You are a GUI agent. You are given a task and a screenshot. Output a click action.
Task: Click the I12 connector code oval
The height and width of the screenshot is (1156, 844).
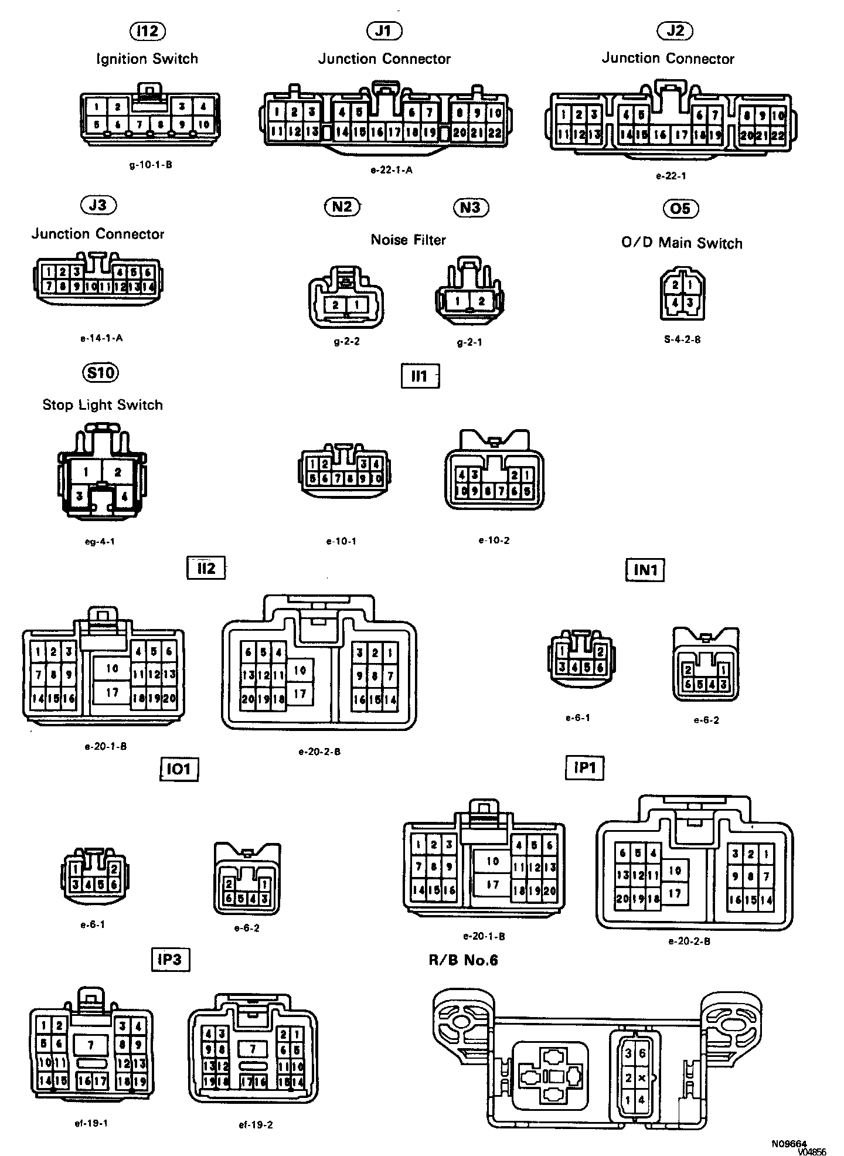147,31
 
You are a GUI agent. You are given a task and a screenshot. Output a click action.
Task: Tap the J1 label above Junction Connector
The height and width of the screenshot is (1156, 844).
383,31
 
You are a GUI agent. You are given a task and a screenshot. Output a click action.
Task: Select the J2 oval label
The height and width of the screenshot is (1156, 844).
675,31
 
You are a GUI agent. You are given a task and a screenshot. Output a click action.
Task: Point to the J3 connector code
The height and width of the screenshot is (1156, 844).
98,205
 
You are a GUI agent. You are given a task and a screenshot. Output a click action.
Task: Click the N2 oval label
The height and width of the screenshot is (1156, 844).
342,206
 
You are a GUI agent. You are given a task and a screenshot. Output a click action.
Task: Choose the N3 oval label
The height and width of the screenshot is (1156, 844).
471,207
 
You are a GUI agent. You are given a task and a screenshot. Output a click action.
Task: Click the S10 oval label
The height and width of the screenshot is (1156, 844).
100,372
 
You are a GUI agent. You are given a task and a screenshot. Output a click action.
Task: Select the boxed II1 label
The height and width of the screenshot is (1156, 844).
420,376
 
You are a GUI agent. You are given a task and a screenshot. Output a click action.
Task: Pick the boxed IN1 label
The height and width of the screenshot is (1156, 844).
645,569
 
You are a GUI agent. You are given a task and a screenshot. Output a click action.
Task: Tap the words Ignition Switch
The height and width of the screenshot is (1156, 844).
147,59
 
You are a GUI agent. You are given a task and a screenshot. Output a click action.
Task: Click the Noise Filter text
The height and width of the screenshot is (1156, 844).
409,240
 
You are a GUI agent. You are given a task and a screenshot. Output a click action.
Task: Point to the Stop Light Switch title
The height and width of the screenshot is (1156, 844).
103,404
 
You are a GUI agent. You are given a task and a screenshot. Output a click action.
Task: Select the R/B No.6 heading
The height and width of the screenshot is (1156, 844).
464,960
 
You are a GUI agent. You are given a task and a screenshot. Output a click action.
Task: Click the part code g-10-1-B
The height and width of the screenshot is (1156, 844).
151,165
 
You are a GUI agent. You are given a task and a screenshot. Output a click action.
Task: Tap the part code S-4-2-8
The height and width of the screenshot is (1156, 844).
680,339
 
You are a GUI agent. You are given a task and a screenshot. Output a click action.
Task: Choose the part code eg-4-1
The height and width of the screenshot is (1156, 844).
100,541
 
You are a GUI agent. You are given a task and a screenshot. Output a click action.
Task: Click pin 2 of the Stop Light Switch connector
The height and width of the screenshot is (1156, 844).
118,472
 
